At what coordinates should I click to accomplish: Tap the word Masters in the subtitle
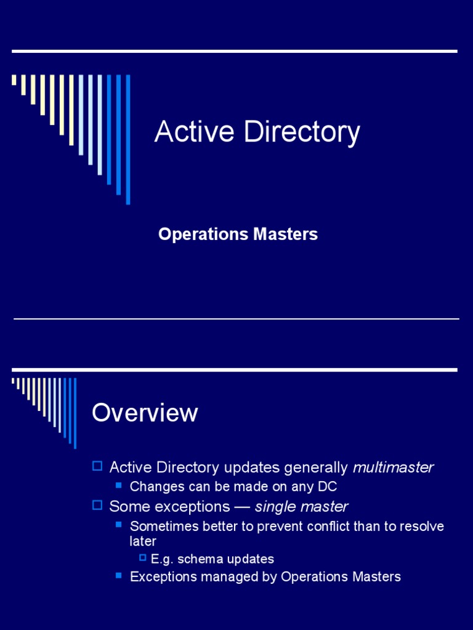coord(289,234)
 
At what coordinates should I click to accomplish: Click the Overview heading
coord(145,413)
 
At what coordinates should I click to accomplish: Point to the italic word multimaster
coord(393,468)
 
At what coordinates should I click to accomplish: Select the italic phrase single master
coord(301,507)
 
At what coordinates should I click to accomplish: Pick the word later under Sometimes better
coord(143,541)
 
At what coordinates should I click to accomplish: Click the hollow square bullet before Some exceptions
coord(97,506)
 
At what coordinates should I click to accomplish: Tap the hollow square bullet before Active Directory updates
coord(97,466)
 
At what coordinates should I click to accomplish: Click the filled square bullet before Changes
coord(119,486)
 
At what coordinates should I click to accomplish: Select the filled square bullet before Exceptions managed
coord(119,576)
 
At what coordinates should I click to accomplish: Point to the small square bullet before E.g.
coord(143,557)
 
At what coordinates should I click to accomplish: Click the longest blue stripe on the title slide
coord(128,139)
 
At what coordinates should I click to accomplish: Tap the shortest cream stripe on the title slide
coord(14,80)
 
